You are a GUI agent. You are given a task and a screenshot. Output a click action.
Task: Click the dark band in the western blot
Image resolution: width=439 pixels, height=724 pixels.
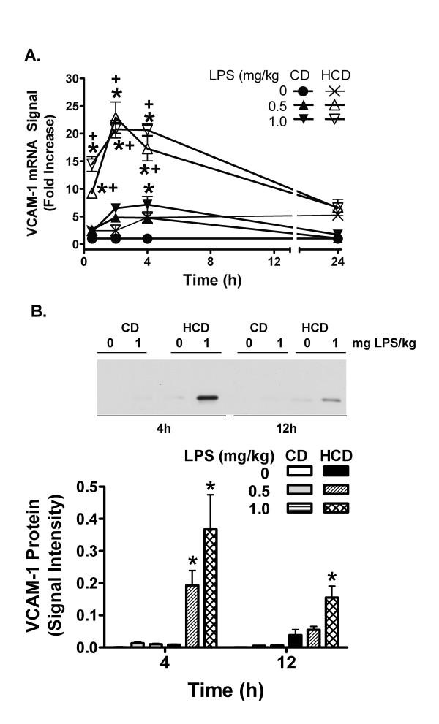[x=209, y=398]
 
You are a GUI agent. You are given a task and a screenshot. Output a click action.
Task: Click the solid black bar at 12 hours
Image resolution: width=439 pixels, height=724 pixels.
[x=295, y=641]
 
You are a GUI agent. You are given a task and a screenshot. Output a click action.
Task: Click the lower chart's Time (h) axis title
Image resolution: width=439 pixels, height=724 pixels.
[x=226, y=690]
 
